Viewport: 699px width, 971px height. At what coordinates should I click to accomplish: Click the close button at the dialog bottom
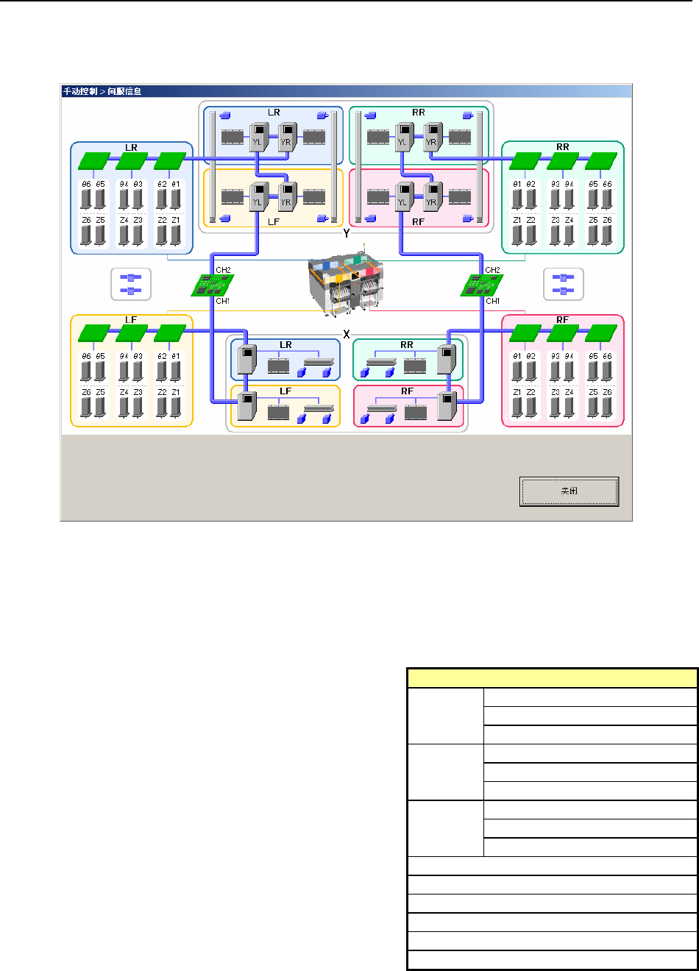click(x=569, y=491)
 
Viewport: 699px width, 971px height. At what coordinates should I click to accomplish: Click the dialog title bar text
click(x=102, y=91)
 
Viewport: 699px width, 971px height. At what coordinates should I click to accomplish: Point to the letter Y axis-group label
click(x=346, y=233)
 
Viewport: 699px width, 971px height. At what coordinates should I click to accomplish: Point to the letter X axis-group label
click(x=346, y=335)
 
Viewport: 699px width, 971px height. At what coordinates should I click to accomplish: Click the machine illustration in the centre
click(x=346, y=284)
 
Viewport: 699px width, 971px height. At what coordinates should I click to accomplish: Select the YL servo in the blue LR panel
click(x=258, y=138)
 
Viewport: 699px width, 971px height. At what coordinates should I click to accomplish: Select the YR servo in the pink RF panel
click(x=431, y=196)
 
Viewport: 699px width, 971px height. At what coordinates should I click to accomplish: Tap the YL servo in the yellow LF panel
click(x=258, y=196)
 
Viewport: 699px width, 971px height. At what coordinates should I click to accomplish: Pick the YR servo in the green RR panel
click(x=431, y=138)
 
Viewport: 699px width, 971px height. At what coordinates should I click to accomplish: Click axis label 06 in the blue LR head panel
click(x=87, y=184)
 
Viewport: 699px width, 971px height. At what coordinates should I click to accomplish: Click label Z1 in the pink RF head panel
click(x=517, y=392)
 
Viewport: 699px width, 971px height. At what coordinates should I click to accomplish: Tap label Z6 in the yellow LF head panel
click(x=87, y=392)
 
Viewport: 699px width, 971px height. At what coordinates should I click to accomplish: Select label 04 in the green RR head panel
click(x=569, y=184)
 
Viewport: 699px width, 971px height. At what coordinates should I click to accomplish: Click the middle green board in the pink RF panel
click(x=563, y=332)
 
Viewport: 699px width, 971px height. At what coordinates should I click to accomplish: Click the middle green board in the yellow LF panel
click(x=132, y=332)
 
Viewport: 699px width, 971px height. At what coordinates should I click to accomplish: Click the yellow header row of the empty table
click(x=552, y=677)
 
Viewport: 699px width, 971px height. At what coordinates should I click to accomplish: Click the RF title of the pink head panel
click(x=563, y=320)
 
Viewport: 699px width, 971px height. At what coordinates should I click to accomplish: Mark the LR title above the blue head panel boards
click(x=132, y=148)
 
